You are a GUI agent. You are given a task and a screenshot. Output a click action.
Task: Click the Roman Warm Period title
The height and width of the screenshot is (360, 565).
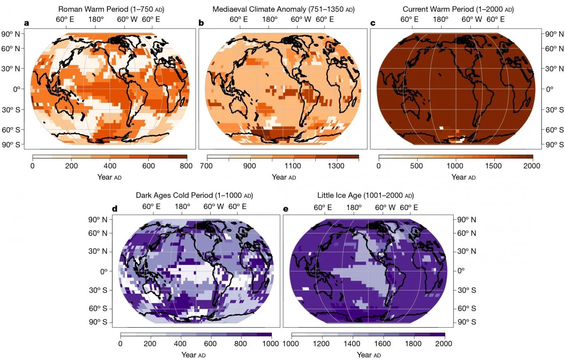coord(111,9)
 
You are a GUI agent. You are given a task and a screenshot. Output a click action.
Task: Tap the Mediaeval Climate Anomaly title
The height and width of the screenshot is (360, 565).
coord(283,9)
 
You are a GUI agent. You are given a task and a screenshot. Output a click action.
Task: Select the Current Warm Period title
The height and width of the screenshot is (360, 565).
coord(458,9)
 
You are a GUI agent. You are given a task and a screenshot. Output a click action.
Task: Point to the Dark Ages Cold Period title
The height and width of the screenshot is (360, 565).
coord(194,195)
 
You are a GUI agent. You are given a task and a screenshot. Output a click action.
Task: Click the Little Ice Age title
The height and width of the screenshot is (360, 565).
coord(365,195)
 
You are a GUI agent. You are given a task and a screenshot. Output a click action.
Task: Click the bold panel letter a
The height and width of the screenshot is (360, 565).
coord(26,23)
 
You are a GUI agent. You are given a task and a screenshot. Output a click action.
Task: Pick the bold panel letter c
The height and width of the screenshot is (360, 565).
coord(373,23)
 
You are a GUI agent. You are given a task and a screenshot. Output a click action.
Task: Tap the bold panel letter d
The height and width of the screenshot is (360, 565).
coord(114,209)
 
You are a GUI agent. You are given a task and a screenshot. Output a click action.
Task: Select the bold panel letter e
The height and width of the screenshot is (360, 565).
coord(286,209)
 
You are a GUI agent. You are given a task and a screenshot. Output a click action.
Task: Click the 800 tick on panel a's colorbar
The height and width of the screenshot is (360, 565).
coord(186,166)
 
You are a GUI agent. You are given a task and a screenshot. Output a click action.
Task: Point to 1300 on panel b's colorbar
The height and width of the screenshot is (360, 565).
coord(336,166)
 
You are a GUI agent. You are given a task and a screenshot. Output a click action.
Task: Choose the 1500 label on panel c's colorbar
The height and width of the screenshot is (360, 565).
coord(493,166)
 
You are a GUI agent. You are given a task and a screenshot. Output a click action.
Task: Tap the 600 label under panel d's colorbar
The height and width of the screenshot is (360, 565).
coord(210,343)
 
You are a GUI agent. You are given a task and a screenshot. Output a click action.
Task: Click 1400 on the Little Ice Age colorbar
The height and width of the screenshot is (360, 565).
coord(352,343)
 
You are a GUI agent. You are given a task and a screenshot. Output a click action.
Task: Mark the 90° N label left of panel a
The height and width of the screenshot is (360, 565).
coord(11,34)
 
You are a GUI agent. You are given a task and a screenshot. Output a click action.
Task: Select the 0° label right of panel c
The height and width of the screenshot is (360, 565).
coord(549,89)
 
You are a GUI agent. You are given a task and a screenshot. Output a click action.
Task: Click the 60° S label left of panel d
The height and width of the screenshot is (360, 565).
coord(98,308)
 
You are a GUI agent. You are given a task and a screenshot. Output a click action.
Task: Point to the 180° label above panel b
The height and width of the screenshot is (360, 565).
coord(270,19)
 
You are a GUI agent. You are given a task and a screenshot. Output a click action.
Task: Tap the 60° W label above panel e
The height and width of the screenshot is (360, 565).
coord(385,208)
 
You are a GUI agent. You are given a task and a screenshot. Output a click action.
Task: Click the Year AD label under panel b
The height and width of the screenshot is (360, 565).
coord(284,177)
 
